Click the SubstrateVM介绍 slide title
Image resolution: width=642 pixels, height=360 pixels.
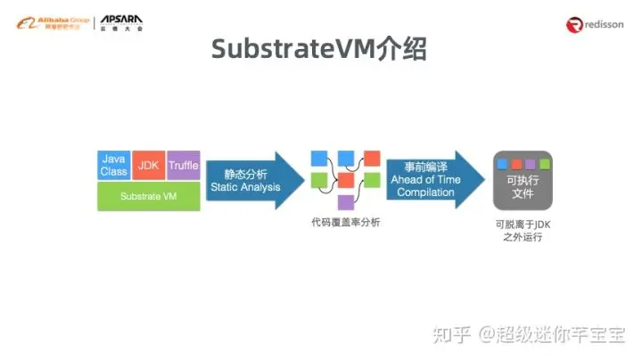[319, 50]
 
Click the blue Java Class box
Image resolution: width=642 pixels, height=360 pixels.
[114, 165]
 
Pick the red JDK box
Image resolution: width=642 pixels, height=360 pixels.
[148, 165]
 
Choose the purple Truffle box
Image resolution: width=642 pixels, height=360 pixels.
[183, 165]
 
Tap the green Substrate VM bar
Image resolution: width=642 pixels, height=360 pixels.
[148, 195]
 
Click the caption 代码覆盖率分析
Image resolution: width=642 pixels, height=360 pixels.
[345, 223]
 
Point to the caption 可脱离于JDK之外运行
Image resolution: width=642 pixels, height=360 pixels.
[523, 232]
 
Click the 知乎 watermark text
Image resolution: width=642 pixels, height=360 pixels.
[451, 334]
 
